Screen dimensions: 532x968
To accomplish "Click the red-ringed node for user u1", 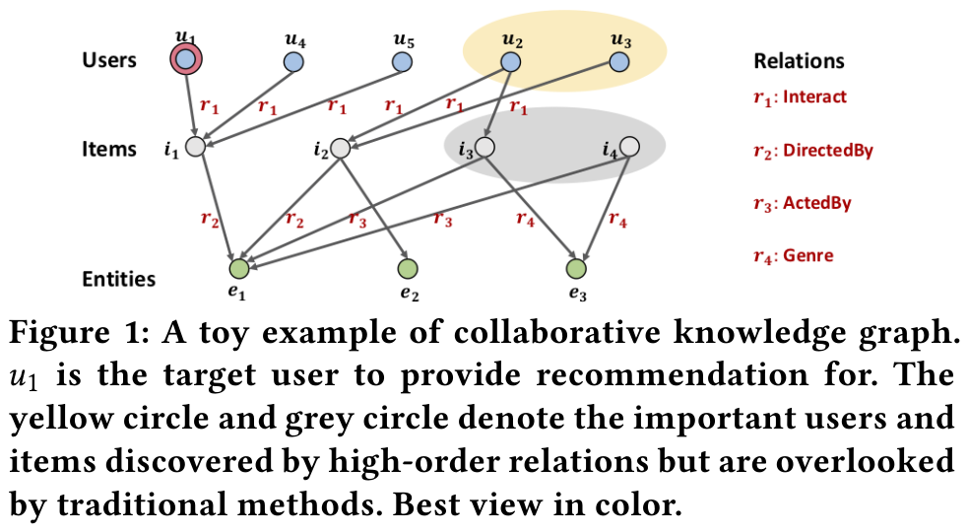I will pos(185,61).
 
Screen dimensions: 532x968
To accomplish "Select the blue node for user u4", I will pos(293,63).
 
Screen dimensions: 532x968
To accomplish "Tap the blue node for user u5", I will pos(402,63).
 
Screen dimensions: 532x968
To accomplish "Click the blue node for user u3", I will pos(618,63).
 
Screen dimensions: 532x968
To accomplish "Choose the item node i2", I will pos(341,149).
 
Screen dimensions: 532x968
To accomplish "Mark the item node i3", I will pos(484,148).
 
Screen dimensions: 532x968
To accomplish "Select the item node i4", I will pos(630,147).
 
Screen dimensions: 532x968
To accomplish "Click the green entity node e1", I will pos(237,268).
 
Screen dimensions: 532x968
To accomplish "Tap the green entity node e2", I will pos(408,268).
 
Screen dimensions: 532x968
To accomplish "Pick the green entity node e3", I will pos(577,268).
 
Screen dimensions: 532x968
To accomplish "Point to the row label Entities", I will pos(118,279).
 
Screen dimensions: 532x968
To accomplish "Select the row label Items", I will pos(109,150).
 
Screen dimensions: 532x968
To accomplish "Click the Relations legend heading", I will pos(799,60).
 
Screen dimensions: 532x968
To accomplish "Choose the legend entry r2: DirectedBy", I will pos(812,151).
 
